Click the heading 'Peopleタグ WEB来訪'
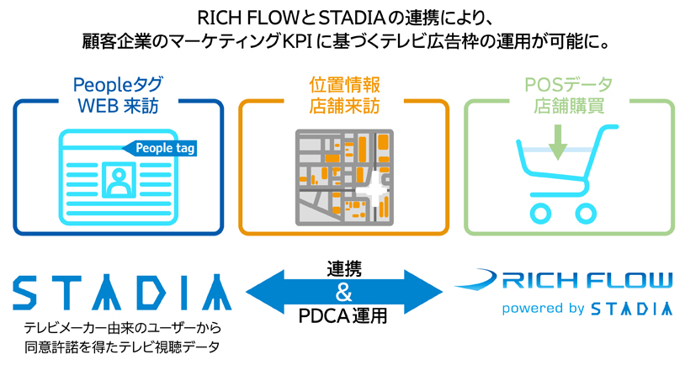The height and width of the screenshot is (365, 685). (119, 95)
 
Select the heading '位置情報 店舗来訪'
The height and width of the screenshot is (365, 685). (343, 95)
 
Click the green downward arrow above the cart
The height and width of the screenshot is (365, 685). (557, 140)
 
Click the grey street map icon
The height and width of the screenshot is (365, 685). (344, 177)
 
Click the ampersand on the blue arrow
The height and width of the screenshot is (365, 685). (343, 293)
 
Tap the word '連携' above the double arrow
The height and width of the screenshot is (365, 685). (343, 269)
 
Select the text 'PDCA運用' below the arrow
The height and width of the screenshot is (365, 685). (343, 318)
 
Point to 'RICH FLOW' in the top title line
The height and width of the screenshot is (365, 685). (239, 17)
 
